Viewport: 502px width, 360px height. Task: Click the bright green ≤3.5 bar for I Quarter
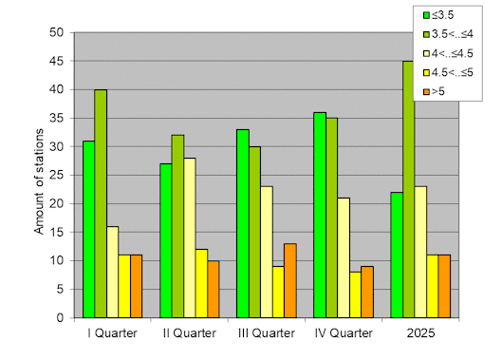[88, 229]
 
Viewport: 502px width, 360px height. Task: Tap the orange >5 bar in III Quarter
[289, 280]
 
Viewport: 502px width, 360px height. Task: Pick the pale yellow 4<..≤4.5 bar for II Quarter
[190, 237]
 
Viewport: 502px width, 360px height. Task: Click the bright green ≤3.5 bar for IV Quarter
[320, 215]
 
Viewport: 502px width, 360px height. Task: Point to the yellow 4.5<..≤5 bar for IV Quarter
[355, 294]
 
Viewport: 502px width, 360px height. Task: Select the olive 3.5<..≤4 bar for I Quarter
[101, 203]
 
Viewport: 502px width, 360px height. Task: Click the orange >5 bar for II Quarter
[213, 289]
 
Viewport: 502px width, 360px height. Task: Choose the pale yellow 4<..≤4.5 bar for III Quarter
[266, 252]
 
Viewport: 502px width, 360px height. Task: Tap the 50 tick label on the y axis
[56, 32]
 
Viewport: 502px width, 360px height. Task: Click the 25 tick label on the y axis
[56, 175]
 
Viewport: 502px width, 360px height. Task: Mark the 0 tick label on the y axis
[59, 317]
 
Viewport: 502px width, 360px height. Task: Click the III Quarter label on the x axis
[266, 333]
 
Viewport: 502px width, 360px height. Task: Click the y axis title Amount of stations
[40, 177]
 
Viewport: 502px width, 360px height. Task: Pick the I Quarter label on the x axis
[112, 333]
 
